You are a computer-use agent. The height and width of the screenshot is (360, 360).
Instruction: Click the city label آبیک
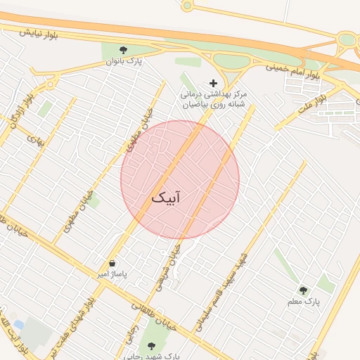(165, 198)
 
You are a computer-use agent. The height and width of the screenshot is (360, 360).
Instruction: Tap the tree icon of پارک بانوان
(124, 50)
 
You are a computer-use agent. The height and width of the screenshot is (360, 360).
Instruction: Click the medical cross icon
(213, 83)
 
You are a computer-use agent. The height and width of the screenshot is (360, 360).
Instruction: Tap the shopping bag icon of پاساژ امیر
(112, 263)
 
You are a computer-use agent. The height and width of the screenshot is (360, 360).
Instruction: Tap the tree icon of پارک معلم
(304, 290)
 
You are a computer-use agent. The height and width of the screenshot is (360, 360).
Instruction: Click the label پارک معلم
(303, 302)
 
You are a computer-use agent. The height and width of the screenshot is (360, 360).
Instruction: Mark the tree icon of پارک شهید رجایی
(151, 346)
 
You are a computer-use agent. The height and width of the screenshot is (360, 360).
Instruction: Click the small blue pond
(19, 324)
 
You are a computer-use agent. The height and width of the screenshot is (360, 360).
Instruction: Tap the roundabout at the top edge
(186, 6)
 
